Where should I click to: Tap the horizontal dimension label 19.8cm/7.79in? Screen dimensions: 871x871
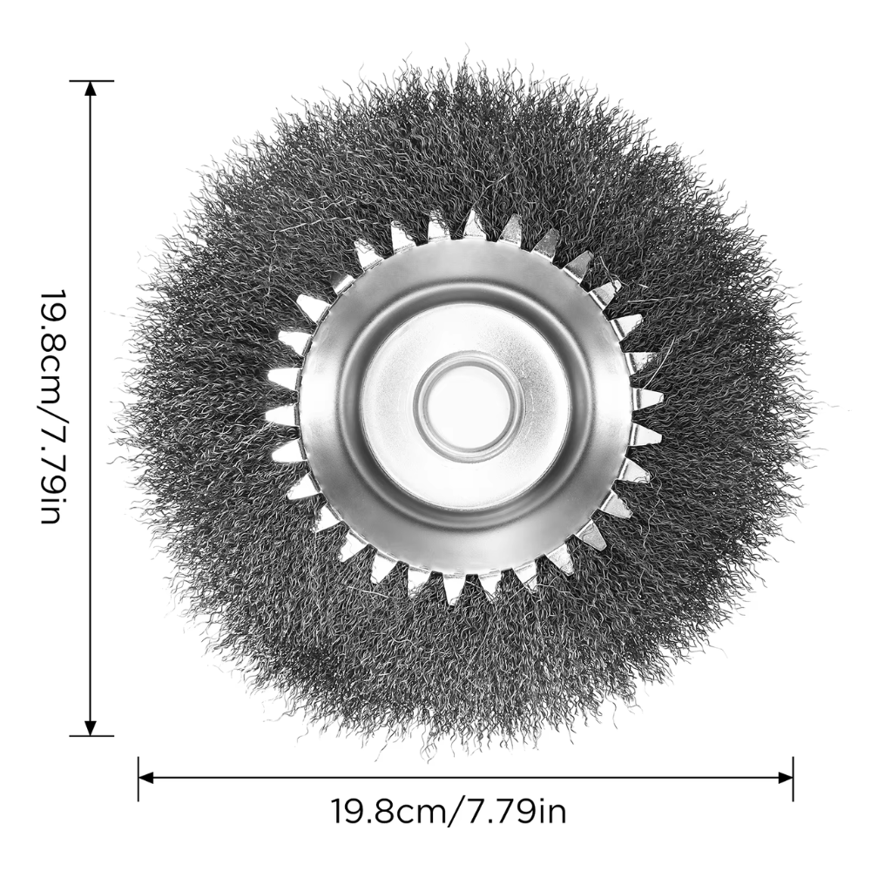click(449, 812)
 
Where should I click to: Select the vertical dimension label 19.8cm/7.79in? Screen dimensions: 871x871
click(55, 406)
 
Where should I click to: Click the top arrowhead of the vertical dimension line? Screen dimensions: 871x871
click(91, 88)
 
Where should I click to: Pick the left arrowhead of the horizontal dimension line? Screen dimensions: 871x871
click(145, 778)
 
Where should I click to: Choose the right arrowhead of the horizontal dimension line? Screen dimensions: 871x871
click(786, 778)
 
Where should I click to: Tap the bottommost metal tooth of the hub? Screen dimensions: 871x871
click(452, 589)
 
